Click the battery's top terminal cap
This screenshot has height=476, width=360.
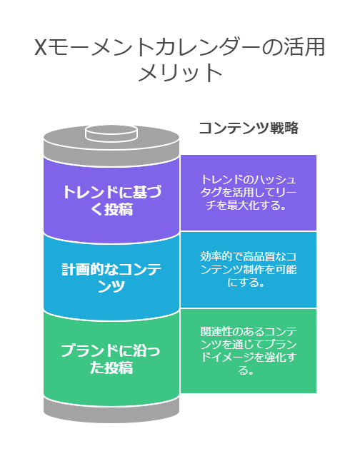[111, 133]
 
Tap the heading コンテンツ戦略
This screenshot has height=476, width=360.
[249, 128]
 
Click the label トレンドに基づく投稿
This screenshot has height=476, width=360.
[111, 201]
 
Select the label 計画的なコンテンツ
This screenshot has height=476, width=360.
[111, 278]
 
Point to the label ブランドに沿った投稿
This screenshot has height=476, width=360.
[111, 359]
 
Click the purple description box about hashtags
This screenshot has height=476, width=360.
[249, 193]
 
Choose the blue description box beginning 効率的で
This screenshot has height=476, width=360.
[249, 270]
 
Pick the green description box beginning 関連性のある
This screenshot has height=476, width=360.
[249, 351]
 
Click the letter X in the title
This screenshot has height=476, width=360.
[40, 47]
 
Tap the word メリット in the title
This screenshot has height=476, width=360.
[180, 74]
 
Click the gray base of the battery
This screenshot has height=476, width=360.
[111, 410]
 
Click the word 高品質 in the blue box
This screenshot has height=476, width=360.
[259, 257]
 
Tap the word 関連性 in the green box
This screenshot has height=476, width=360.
[216, 331]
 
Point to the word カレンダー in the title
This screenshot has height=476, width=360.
[204, 47]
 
